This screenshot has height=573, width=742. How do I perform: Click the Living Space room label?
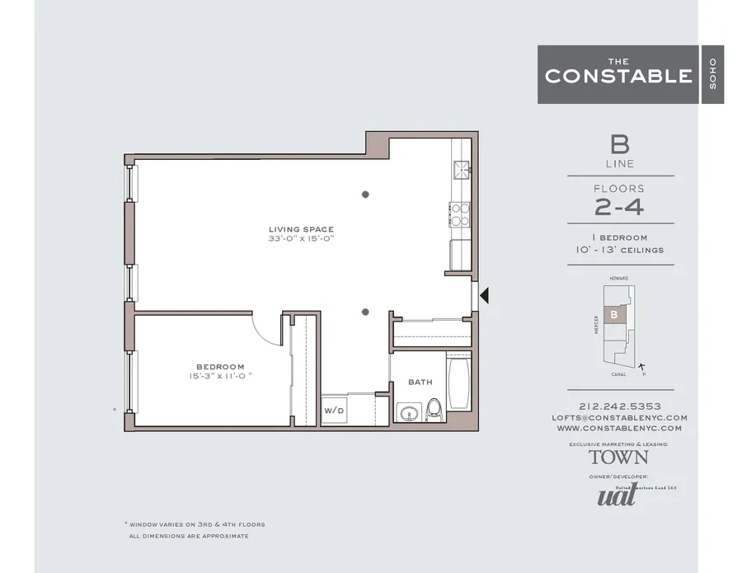pos(301,228)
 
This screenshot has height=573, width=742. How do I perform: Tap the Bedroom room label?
pos(220,367)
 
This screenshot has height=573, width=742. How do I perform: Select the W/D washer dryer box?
pos(334,410)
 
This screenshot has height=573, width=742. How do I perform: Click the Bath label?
pos(420,383)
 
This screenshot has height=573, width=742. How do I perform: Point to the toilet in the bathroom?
pos(434,409)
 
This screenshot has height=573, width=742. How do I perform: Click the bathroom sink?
pos(406,411)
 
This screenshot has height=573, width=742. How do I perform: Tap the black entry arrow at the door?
pos(486,295)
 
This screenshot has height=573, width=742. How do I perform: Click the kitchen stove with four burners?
pos(459,214)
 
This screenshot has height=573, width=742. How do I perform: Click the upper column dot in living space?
pos(365,195)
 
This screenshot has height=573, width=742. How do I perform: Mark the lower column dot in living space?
pos(365,312)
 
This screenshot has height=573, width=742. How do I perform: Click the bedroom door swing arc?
pos(266,330)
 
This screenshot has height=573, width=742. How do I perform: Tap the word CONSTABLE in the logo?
pos(618,76)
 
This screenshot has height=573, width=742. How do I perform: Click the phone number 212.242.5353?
pos(619,406)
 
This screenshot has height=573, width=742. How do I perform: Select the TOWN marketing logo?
pos(618,457)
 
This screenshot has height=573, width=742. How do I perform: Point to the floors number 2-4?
pos(619,207)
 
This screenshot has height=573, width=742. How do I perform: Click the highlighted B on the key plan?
pos(613,314)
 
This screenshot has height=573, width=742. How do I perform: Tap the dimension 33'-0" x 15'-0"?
pos(301,238)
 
